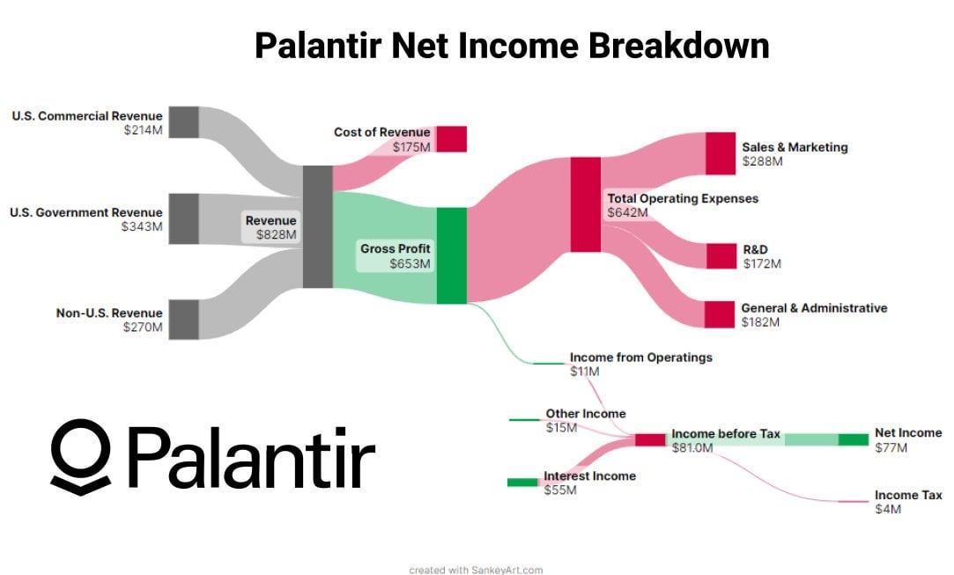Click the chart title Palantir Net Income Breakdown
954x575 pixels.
[511, 45]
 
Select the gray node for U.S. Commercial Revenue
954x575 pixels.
[183, 122]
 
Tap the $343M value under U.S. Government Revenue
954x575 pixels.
[143, 226]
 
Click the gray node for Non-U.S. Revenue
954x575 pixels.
[183, 319]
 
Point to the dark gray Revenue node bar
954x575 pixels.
[317, 226]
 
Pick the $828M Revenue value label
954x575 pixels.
[277, 235]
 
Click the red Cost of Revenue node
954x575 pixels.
[451, 139]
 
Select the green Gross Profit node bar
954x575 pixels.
[451, 255]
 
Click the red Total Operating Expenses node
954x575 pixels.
[585, 204]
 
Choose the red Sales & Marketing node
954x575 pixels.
[720, 153]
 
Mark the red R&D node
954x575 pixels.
[720, 256]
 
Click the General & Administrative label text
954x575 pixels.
[814, 308]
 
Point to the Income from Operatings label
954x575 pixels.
[640, 358]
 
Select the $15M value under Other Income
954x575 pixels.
[561, 428]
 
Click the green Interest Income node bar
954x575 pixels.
[521, 482]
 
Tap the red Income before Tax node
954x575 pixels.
[650, 439]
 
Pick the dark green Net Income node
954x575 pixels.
[853, 439]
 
